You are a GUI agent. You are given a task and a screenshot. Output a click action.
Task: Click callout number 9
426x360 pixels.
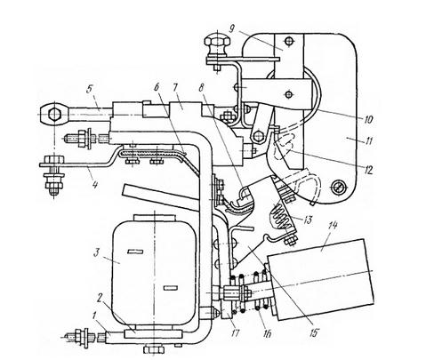(x=232, y=28)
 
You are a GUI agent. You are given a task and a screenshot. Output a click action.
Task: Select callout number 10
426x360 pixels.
(x=367, y=119)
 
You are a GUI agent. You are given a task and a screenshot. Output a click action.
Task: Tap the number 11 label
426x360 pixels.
(x=367, y=140)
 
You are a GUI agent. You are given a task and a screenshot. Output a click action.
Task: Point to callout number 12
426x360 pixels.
(x=368, y=170)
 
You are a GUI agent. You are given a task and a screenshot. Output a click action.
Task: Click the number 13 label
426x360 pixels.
(x=308, y=220)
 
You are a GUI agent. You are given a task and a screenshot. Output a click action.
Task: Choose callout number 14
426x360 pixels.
(x=333, y=227)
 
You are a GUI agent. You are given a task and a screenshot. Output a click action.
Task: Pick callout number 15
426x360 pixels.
(x=313, y=332)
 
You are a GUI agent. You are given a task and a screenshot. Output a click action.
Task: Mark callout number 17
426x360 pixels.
(x=235, y=333)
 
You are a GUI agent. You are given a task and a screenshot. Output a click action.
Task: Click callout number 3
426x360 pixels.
(x=96, y=254)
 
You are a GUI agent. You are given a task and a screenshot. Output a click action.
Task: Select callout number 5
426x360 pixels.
(x=90, y=89)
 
